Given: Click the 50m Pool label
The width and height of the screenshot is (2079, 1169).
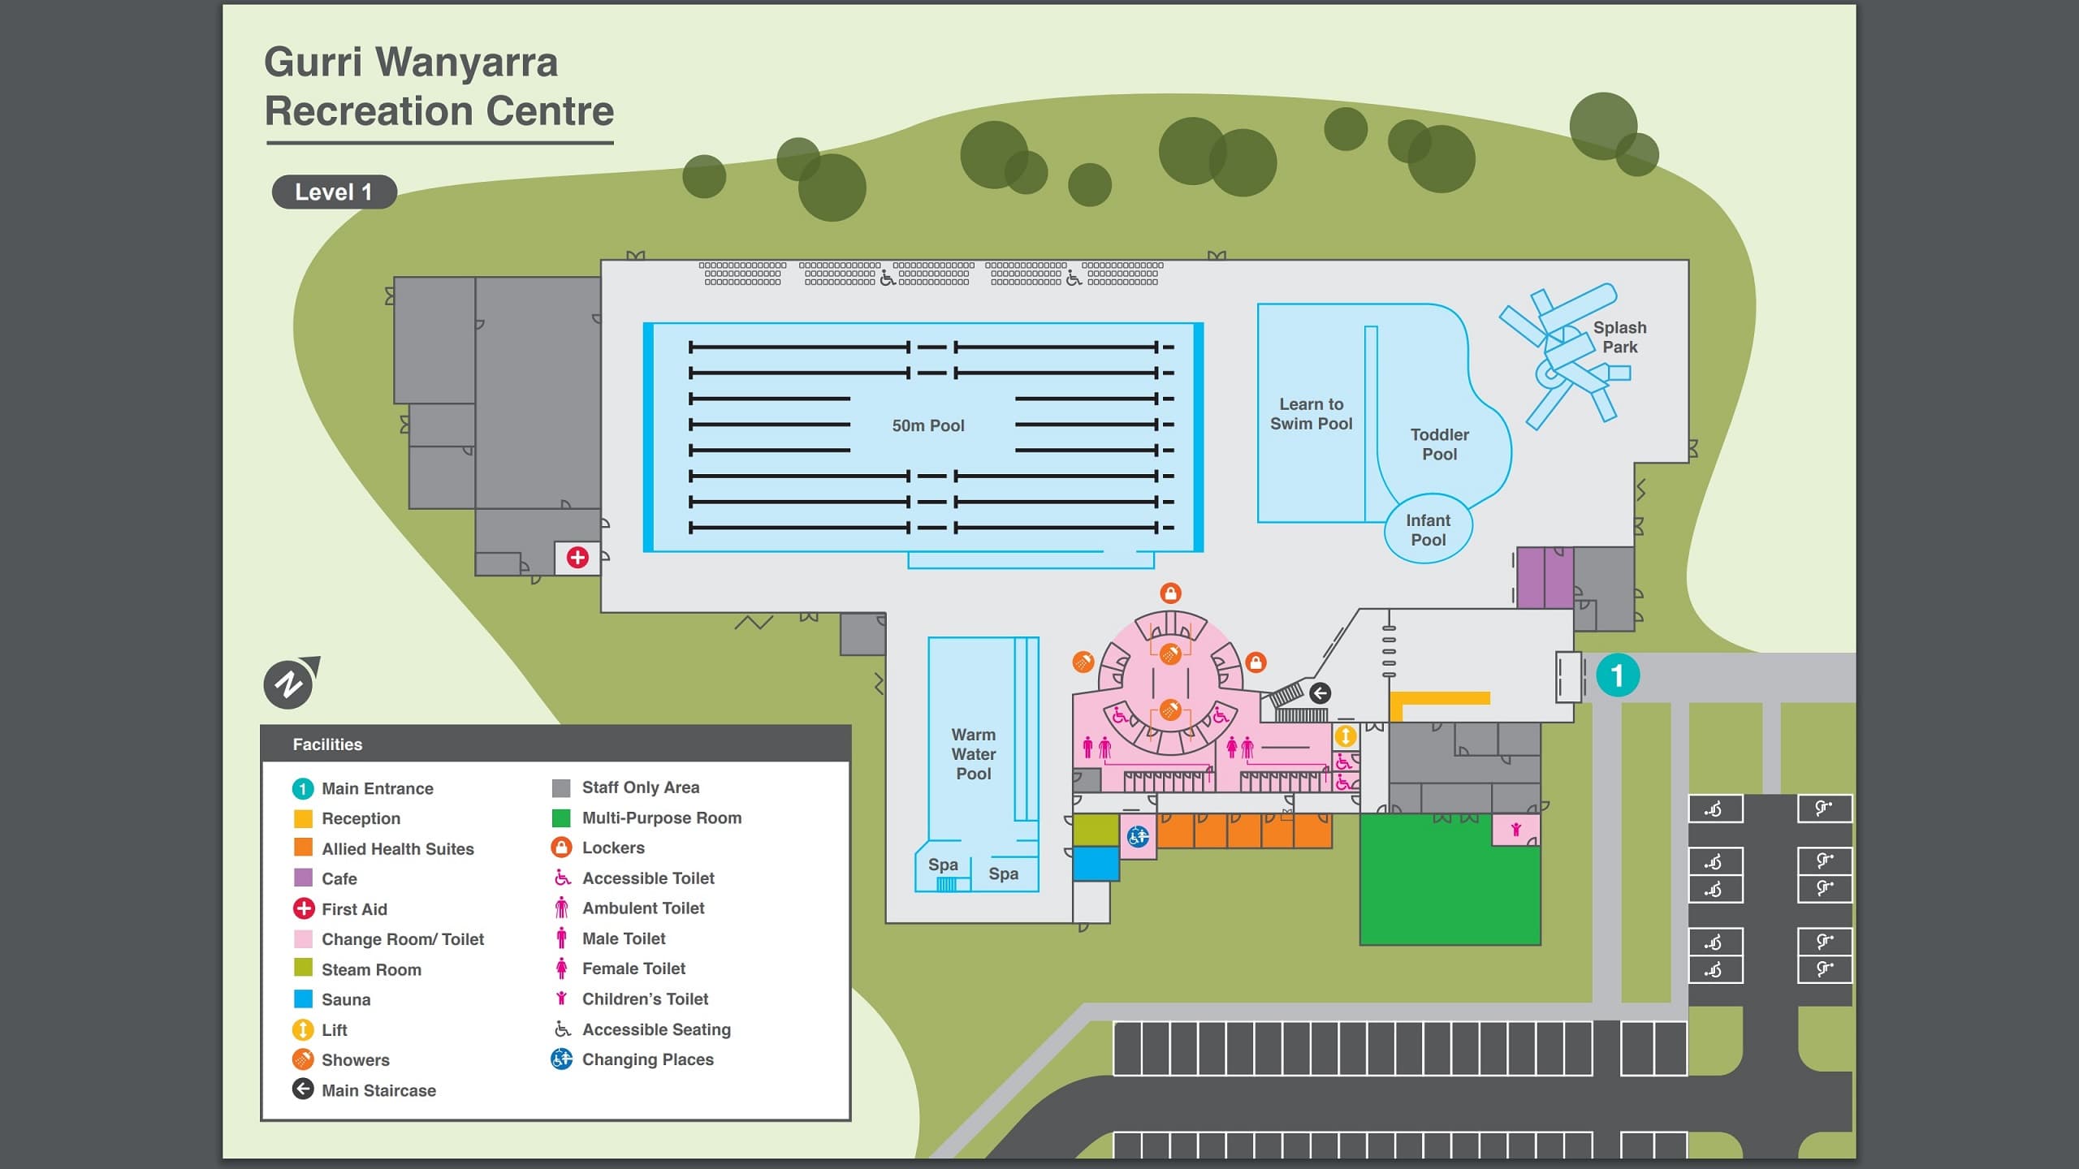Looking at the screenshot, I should tap(927, 425).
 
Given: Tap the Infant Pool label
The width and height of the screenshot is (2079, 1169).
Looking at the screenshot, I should tap(1428, 530).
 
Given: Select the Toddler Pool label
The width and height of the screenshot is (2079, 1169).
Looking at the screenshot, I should tap(1439, 444).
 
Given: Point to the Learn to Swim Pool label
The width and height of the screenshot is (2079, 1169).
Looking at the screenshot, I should tap(1311, 414).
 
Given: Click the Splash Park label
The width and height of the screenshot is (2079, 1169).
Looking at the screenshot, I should tap(1619, 337).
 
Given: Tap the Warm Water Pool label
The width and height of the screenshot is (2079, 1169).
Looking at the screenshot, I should tap(973, 754).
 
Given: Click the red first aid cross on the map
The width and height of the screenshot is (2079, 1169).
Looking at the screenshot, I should tap(577, 558).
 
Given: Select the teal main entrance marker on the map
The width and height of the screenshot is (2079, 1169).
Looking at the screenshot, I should tap(1617, 675).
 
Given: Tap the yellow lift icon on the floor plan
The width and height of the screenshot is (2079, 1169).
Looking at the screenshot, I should tap(1346, 736).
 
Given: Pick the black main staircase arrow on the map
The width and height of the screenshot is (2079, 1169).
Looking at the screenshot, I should tap(1320, 692).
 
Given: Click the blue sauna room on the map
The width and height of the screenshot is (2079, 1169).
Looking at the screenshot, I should tap(1096, 864).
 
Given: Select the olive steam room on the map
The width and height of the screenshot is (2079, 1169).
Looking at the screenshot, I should tap(1096, 830).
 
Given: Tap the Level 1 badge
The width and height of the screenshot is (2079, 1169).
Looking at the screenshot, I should tap(334, 192).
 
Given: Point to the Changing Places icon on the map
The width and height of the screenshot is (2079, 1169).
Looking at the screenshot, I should tap(1138, 836).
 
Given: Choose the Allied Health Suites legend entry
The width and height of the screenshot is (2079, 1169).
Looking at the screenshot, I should tap(397, 849).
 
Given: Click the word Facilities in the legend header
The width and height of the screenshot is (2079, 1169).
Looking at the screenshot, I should tap(327, 744).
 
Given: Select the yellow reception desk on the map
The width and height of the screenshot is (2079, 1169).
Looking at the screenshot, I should tap(1439, 699).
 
